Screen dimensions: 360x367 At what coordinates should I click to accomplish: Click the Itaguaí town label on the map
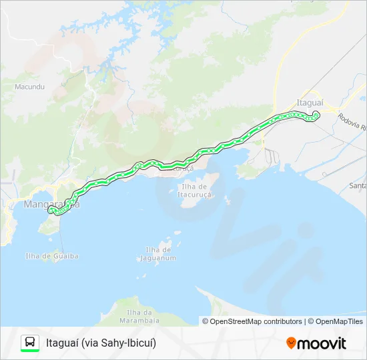[310, 103]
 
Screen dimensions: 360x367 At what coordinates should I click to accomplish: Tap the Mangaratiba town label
[51, 204]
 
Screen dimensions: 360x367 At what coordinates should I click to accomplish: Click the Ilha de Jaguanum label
[160, 254]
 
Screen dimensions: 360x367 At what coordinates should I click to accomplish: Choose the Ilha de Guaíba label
[52, 255]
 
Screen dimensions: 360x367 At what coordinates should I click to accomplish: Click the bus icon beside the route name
[30, 343]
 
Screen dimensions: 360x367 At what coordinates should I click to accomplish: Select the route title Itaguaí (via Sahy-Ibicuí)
[101, 343]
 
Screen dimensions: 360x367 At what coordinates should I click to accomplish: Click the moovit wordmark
[322, 343]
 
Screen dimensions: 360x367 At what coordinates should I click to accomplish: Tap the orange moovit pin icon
[291, 343]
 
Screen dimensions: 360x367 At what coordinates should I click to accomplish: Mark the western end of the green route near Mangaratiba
[51, 211]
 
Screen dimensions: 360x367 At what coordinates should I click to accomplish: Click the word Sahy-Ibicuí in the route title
[130, 343]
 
